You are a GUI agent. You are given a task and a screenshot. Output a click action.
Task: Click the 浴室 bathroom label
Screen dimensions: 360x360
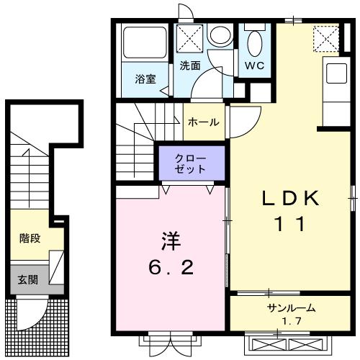pyautogui.click(x=146, y=80)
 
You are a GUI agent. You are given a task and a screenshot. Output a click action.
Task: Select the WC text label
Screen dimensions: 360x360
pyautogui.click(x=253, y=66)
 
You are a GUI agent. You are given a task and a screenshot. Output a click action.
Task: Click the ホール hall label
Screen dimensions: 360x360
pyautogui.click(x=204, y=122)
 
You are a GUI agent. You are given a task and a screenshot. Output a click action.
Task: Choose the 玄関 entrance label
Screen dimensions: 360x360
pyautogui.click(x=28, y=279)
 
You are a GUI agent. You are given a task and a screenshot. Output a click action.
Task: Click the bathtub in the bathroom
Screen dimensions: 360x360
pyautogui.click(x=144, y=44)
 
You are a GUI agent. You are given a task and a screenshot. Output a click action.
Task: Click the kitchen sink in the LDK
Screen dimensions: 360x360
pyautogui.click(x=337, y=73)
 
